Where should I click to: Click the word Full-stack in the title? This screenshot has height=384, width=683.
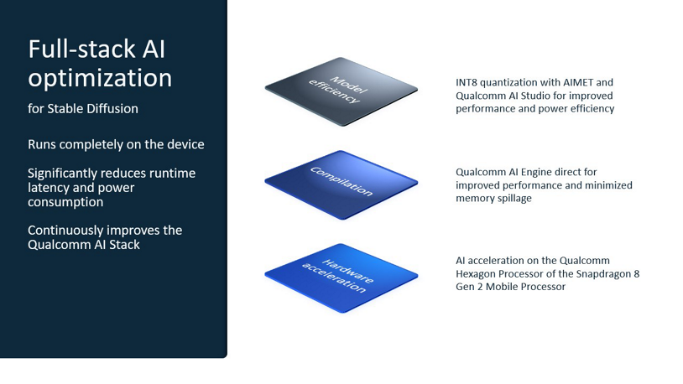click(81, 49)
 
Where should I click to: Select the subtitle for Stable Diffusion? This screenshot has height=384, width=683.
click(82, 108)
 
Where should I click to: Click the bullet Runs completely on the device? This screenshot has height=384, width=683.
click(116, 144)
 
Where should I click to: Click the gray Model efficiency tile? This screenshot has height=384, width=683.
click(341, 91)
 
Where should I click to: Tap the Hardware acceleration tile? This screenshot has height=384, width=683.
click(341, 275)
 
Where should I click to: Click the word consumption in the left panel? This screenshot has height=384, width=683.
click(65, 202)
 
